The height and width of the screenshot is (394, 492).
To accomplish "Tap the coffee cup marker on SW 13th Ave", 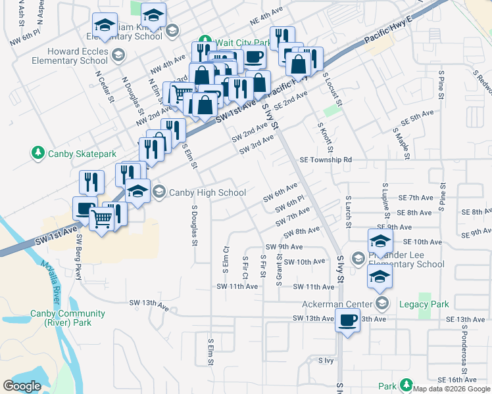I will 347,321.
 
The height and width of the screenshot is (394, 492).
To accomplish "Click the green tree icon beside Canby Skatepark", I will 38,154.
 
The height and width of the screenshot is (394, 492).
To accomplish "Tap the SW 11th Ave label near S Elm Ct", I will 237,287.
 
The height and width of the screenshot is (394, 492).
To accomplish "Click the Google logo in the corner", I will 22,386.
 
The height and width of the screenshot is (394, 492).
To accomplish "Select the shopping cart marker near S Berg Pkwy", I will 101,218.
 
